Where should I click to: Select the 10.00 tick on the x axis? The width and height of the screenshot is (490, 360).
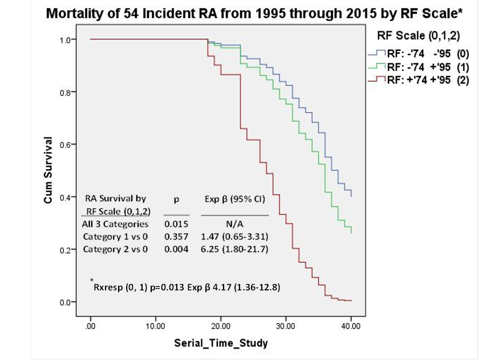155,326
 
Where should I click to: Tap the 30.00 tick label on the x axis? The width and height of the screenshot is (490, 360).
285,326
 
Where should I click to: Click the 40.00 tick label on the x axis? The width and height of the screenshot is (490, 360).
350,326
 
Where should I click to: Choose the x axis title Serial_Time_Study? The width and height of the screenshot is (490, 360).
221,343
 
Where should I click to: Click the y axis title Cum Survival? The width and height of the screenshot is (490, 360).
48,170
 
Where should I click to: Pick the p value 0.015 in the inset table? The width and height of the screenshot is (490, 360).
176,224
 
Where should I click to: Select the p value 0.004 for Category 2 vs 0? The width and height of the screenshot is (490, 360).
176,249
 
